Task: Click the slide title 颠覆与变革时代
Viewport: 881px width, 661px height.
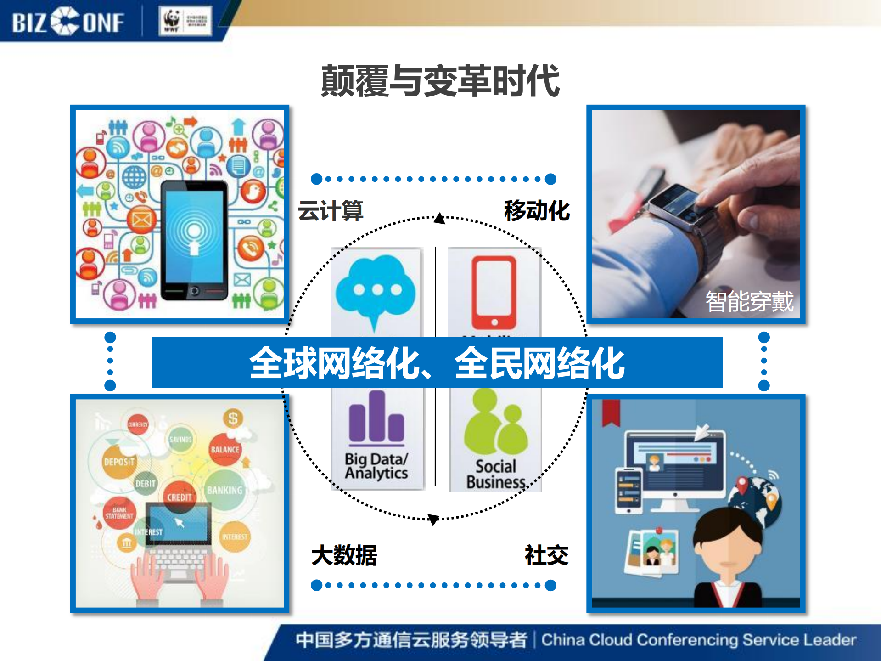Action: [440, 81]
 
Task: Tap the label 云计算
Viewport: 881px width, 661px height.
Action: [331, 211]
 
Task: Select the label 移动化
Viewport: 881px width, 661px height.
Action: [537, 211]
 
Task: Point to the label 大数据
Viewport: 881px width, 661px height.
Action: [344, 555]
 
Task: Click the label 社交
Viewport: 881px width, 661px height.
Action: [546, 555]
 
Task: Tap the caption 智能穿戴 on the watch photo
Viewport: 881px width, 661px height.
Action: [749, 302]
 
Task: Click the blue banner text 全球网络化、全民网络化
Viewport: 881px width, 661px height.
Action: [437, 363]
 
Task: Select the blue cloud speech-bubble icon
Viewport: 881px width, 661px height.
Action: [376, 289]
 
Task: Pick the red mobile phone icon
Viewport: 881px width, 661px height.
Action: [494, 292]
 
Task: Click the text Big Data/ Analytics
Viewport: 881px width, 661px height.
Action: [376, 466]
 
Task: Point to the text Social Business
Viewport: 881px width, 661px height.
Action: [496, 474]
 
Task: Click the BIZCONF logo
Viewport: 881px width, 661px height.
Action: [68, 22]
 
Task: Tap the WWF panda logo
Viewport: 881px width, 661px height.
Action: [172, 21]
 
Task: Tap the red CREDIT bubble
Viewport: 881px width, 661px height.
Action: [179, 497]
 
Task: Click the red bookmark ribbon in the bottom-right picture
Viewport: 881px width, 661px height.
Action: [611, 412]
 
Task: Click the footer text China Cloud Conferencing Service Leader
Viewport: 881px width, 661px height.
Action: [698, 640]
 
